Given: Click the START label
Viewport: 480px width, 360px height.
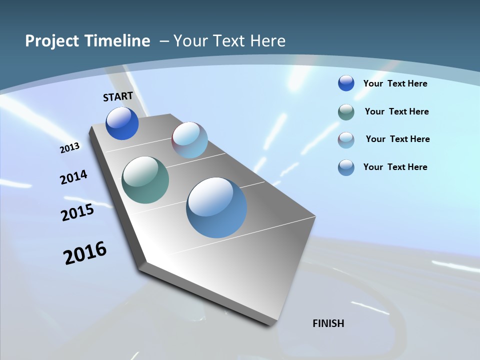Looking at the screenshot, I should click(118, 96).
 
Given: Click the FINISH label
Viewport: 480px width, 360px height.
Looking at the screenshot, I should click(328, 323).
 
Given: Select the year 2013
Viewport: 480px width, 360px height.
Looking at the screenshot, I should click(69, 147).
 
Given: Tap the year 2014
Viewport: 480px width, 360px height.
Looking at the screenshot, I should click(73, 177).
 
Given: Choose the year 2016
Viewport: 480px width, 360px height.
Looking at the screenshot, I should click(85, 252).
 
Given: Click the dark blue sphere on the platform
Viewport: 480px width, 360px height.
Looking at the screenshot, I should click(122, 123).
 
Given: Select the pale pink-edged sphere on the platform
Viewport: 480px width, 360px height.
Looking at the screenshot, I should click(189, 140).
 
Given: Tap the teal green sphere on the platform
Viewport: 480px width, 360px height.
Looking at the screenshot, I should click(145, 180).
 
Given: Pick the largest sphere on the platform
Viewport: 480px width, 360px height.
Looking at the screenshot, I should click(216, 207).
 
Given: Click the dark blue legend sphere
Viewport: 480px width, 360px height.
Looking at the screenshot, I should click(346, 83).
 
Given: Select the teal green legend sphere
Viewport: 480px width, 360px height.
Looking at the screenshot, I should click(346, 112).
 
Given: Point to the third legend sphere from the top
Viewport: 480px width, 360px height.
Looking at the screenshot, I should click(346, 140).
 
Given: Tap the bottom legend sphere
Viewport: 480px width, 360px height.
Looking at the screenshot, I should click(346, 167).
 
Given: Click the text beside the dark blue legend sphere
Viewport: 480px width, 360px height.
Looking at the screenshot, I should click(395, 83).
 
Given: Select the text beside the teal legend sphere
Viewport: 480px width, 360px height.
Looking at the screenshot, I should click(396, 111).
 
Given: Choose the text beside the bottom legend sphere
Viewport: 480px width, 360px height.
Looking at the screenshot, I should click(395, 167).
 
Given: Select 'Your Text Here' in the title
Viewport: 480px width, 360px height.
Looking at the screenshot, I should click(229, 41).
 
